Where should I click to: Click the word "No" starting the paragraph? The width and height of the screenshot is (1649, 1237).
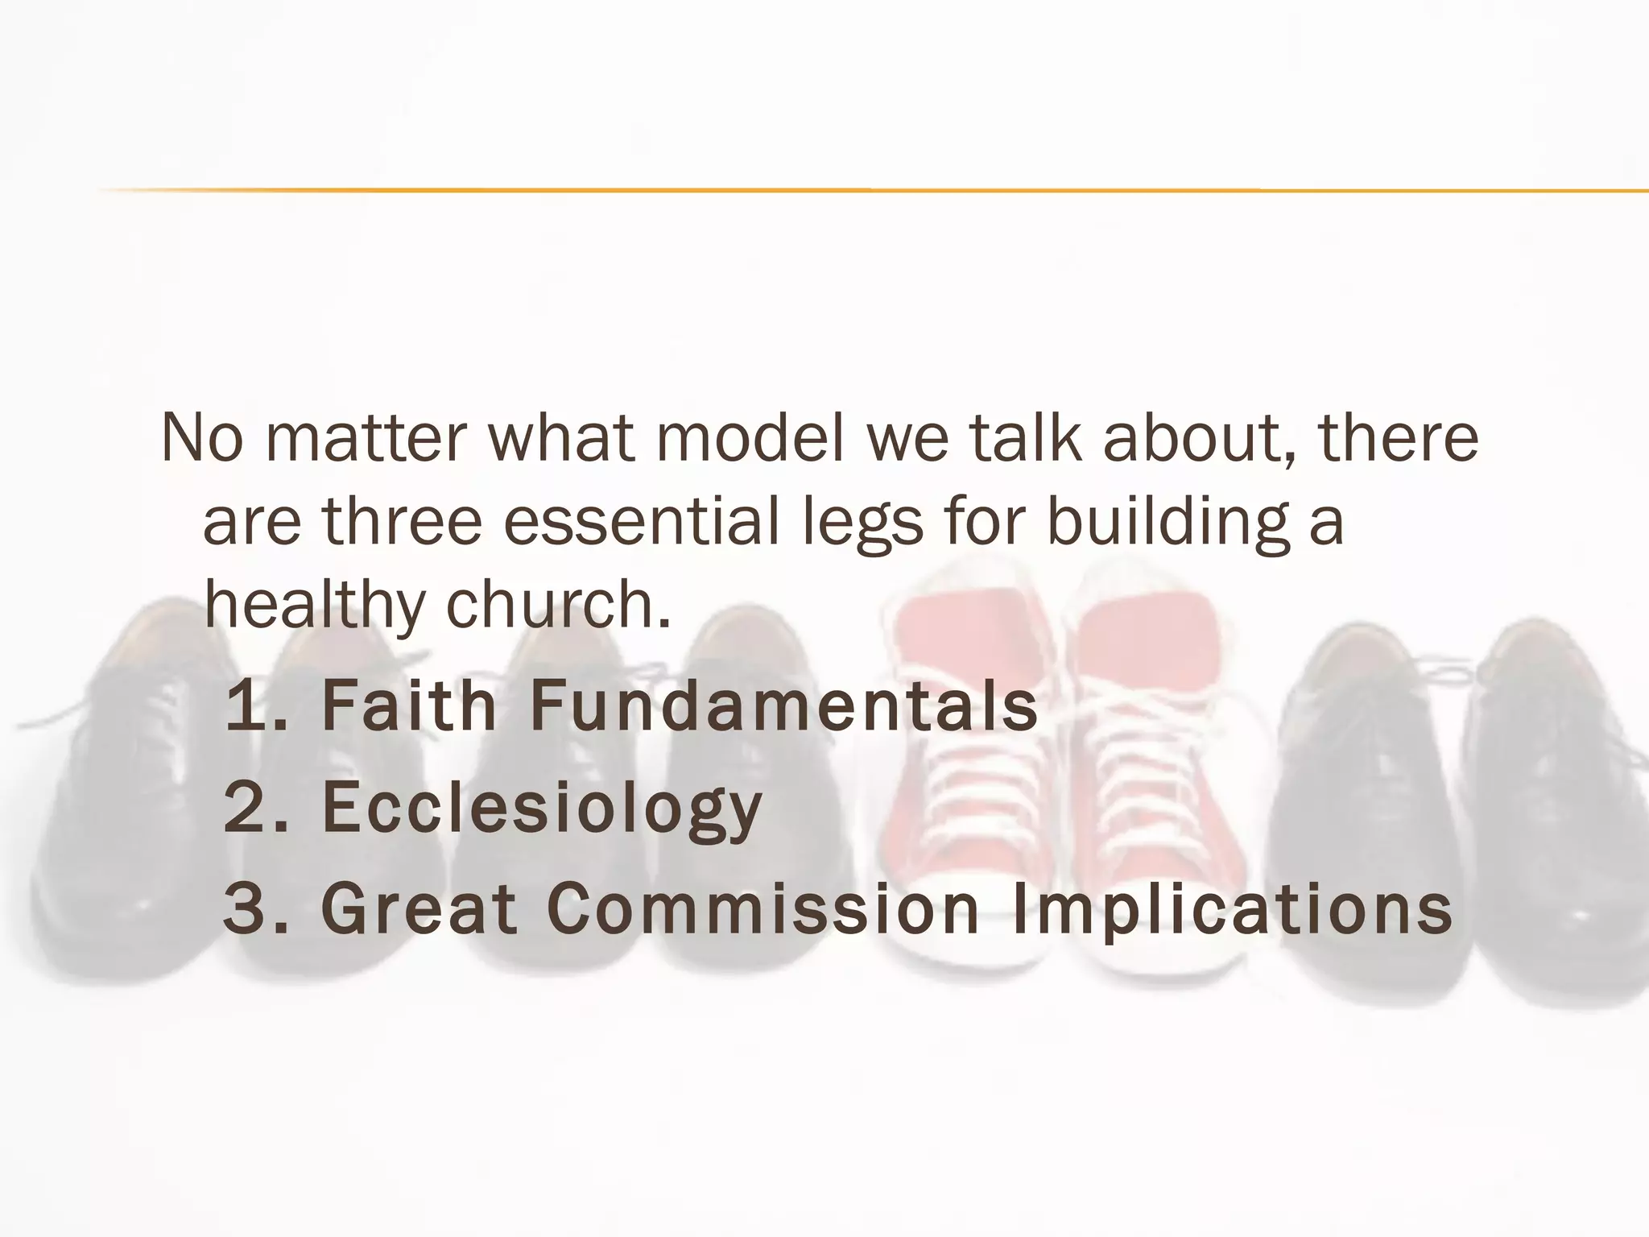click(x=201, y=439)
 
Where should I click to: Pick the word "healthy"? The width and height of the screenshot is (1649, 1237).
click(x=314, y=606)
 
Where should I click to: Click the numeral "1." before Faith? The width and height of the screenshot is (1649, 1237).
click(x=256, y=706)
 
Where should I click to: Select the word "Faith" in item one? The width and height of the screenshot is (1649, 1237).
click(x=408, y=706)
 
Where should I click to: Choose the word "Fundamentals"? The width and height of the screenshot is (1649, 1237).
click(x=783, y=706)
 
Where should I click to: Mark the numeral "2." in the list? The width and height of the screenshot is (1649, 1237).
click(x=256, y=807)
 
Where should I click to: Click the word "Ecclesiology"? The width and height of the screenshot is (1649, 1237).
click(x=542, y=809)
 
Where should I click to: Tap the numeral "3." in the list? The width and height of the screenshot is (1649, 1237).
click(x=256, y=908)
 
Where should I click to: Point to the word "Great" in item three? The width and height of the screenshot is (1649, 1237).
click(x=419, y=908)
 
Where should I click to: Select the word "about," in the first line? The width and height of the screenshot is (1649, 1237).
click(x=1200, y=439)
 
